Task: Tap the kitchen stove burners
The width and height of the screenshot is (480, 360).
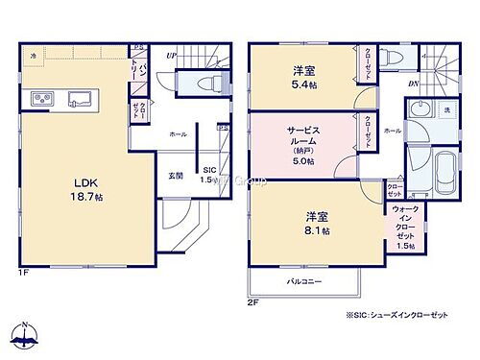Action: (43, 98)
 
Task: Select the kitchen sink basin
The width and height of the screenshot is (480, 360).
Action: (79, 98)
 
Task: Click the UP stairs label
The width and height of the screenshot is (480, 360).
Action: (171, 55)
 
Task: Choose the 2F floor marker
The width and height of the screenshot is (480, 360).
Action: (253, 303)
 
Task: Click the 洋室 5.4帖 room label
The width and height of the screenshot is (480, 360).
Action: (304, 78)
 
